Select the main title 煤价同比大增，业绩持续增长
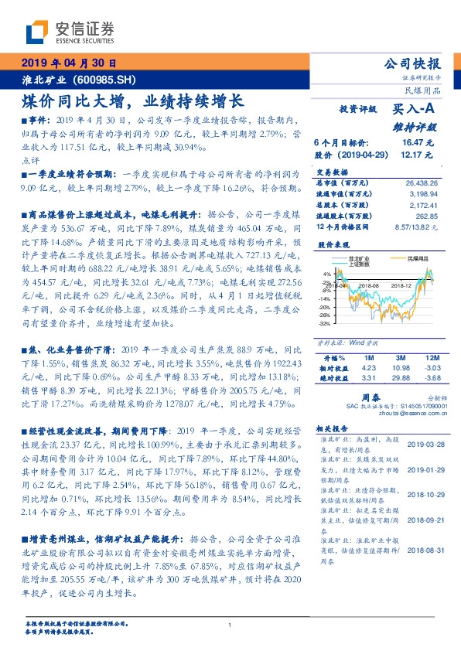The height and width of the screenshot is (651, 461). click(x=131, y=101)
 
